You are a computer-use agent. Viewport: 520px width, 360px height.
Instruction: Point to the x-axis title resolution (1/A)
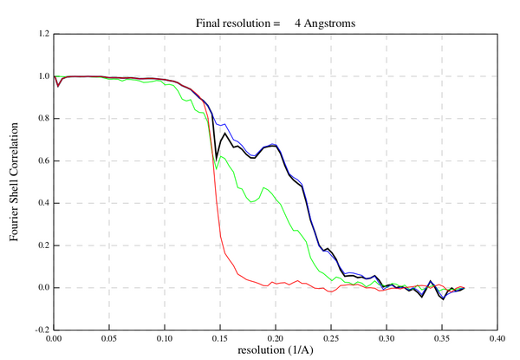click(x=275, y=351)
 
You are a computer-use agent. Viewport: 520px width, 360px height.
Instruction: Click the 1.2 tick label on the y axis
click(x=40, y=35)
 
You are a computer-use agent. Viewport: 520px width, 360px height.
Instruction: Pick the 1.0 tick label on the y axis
click(x=40, y=76)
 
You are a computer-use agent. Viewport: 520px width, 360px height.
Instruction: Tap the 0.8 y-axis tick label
click(x=40, y=119)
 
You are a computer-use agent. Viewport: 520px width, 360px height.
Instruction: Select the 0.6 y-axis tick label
click(x=40, y=161)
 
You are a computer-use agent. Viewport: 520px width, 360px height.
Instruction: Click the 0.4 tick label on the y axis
click(x=40, y=203)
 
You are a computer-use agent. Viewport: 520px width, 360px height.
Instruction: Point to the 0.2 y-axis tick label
click(x=40, y=245)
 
